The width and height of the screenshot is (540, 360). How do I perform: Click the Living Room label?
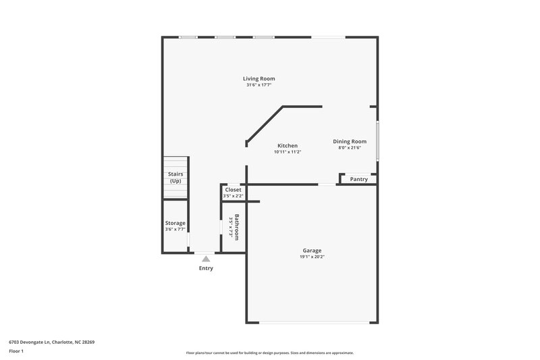click(x=259, y=78)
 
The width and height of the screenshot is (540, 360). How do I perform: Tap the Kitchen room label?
click(x=288, y=145)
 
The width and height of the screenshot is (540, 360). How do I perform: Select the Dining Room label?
click(x=350, y=141)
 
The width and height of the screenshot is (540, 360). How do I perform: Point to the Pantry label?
click(x=359, y=179)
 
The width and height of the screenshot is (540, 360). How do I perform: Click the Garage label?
click(x=312, y=250)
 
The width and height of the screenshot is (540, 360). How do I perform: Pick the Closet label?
click(x=233, y=190)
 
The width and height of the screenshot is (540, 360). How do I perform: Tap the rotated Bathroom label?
click(x=237, y=228)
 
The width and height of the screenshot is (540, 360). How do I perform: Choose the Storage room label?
click(x=175, y=223)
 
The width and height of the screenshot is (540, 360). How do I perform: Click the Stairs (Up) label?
click(x=175, y=177)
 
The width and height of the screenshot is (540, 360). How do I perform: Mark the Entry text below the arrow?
click(x=206, y=268)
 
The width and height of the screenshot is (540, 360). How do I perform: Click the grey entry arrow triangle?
click(x=206, y=257)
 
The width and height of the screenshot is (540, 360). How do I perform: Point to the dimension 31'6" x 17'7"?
click(x=259, y=85)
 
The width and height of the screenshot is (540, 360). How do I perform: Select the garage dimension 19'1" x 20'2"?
click(x=312, y=257)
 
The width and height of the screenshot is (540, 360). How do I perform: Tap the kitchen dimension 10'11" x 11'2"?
click(x=288, y=152)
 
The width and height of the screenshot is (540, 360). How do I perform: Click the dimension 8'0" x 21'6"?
click(x=350, y=148)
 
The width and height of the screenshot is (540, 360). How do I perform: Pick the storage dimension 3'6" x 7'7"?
click(x=175, y=230)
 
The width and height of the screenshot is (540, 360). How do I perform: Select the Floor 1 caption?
click(x=16, y=352)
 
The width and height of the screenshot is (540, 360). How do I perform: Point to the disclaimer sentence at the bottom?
click(x=270, y=353)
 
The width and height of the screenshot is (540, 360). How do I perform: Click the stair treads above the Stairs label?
click(x=175, y=163)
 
